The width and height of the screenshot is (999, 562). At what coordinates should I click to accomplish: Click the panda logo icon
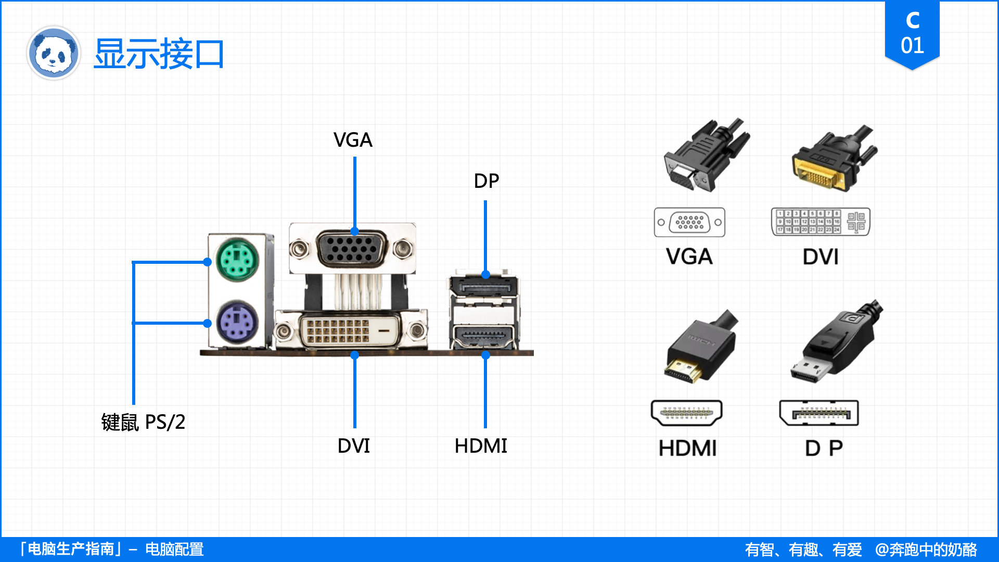[53, 53]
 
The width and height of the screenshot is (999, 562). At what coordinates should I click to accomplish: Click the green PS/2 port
[237, 260]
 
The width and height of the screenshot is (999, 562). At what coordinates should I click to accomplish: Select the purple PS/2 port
[237, 322]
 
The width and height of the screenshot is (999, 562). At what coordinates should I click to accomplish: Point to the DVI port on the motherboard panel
[350, 330]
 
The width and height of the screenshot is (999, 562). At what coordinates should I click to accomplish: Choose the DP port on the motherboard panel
[483, 286]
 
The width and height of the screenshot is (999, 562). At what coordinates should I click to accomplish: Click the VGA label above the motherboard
[353, 140]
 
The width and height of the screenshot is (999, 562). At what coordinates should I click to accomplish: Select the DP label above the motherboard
[486, 181]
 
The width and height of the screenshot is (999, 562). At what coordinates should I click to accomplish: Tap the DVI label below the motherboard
[354, 446]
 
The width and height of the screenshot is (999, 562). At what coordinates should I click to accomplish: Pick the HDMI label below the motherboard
[481, 446]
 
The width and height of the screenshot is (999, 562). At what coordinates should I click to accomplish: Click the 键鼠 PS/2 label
[143, 422]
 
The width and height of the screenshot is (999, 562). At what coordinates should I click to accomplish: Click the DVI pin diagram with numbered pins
[820, 222]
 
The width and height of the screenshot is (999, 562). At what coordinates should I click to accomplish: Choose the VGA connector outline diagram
[689, 222]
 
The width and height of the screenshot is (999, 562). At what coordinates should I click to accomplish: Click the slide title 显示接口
[159, 54]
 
